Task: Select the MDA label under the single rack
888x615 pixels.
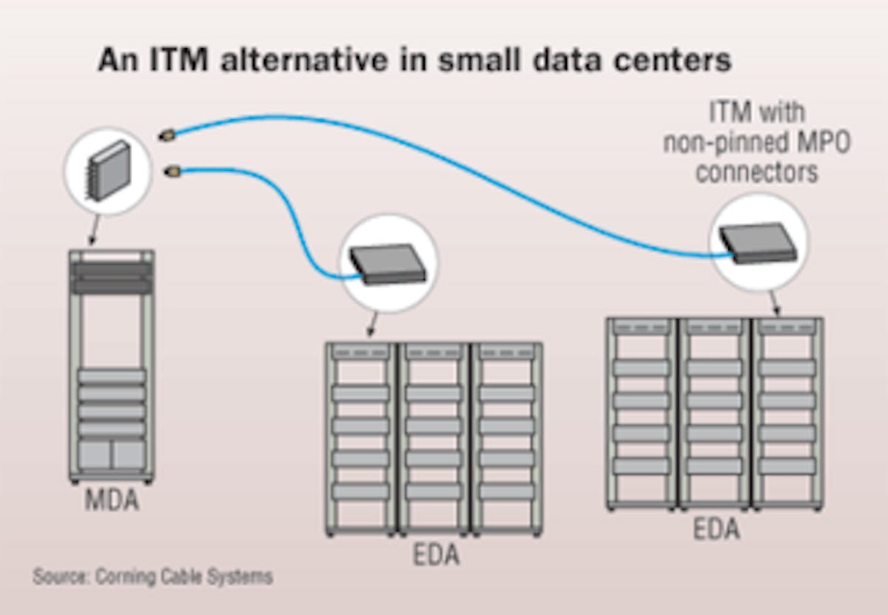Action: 110,501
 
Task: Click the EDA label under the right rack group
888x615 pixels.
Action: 716,529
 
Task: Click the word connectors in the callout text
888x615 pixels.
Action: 756,172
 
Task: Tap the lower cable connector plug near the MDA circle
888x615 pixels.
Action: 172,172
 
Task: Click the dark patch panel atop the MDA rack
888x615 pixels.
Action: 111,278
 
